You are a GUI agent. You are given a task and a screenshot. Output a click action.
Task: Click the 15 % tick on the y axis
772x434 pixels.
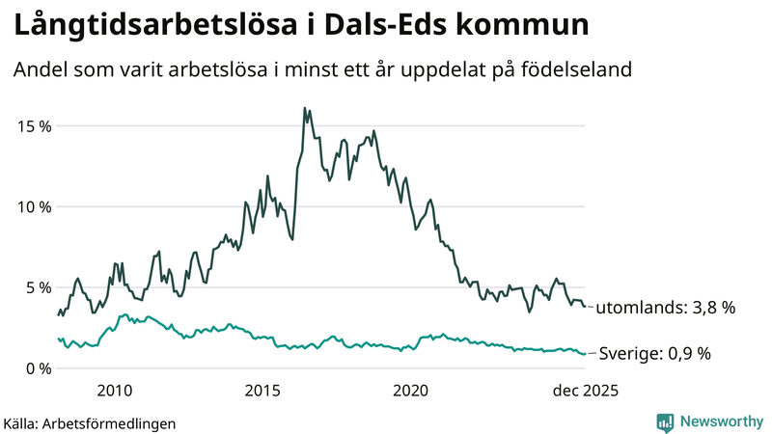pos(33,126)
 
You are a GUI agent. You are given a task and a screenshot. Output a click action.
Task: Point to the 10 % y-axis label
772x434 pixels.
pos(33,206)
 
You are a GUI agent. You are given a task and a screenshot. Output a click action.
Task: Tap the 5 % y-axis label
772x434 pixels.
pos(38,287)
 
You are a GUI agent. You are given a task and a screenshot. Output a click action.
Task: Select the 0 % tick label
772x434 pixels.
pos(38,368)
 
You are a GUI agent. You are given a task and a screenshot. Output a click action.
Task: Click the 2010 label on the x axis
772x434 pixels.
pos(114,391)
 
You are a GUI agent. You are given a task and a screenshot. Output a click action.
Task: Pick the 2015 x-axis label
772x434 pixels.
pos(262,391)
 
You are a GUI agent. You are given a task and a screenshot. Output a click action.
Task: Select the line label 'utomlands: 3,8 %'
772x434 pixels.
pos(666,309)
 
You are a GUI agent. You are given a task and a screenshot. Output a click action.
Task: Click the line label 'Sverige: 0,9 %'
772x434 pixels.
pos(655,354)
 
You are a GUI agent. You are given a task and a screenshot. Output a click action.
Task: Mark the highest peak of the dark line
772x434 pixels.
pos(305,108)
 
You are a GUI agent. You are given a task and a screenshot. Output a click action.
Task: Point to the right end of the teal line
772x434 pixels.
pos(584,354)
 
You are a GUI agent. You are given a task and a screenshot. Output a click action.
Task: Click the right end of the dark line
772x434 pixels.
pos(584,307)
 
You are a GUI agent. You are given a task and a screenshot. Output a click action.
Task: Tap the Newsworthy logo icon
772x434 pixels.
pos(665,421)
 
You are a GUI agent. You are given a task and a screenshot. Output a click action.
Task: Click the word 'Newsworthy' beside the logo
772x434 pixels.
pos(720,421)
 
